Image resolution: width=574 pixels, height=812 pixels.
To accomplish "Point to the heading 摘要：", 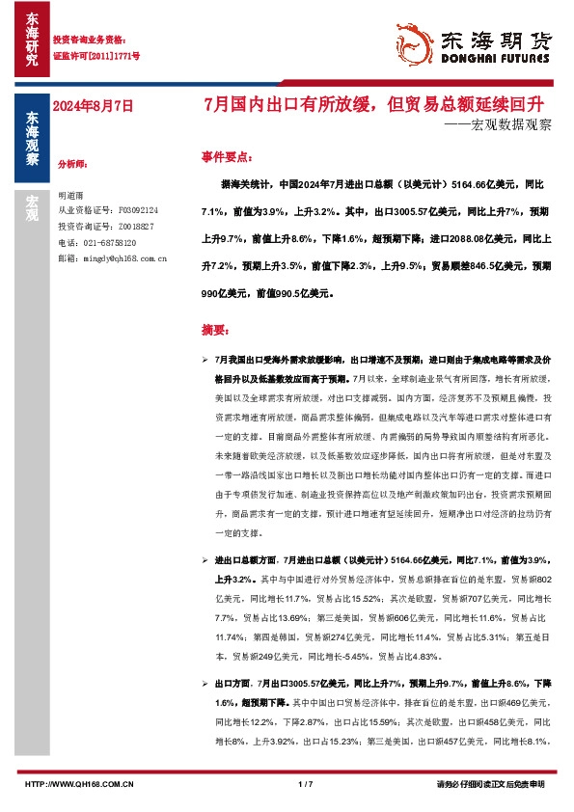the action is coord(215,330).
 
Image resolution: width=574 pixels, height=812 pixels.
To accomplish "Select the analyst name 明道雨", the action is coord(72,195).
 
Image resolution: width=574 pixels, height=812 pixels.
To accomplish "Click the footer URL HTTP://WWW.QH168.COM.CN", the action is coord(78,784).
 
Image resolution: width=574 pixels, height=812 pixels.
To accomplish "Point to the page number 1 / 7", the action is coord(306,784).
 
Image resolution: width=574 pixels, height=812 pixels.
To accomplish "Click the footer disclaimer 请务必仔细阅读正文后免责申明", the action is coord(490,784).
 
